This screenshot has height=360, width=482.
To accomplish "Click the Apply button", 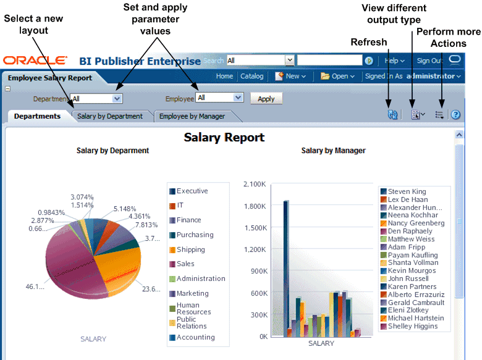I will (266, 99).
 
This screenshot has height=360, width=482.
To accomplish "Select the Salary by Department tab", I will (110, 116).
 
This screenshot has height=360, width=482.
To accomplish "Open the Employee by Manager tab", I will (192, 116).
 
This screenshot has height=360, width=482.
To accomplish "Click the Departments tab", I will (37, 116).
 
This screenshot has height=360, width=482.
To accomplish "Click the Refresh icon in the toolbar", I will (392, 115).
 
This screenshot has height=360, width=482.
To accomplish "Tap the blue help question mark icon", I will (456, 115).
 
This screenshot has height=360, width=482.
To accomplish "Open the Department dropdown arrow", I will (117, 98).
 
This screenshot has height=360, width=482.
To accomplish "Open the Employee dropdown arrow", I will (239, 98).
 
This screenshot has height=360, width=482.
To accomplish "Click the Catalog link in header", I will (252, 77).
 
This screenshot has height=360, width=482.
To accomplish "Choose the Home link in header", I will (224, 77).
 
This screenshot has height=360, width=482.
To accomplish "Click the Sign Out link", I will (429, 61).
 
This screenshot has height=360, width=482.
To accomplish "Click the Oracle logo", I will (35, 61).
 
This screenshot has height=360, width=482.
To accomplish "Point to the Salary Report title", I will (224, 138).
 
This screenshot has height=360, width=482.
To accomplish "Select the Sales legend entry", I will (185, 264).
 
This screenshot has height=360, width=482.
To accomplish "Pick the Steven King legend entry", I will (407, 191).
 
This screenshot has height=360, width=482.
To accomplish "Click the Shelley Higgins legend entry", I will (412, 326).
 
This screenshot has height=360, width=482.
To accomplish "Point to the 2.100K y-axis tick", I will (255, 184).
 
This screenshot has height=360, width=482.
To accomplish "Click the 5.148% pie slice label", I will (125, 209).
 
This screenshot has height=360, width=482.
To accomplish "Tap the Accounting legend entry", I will (195, 337).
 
